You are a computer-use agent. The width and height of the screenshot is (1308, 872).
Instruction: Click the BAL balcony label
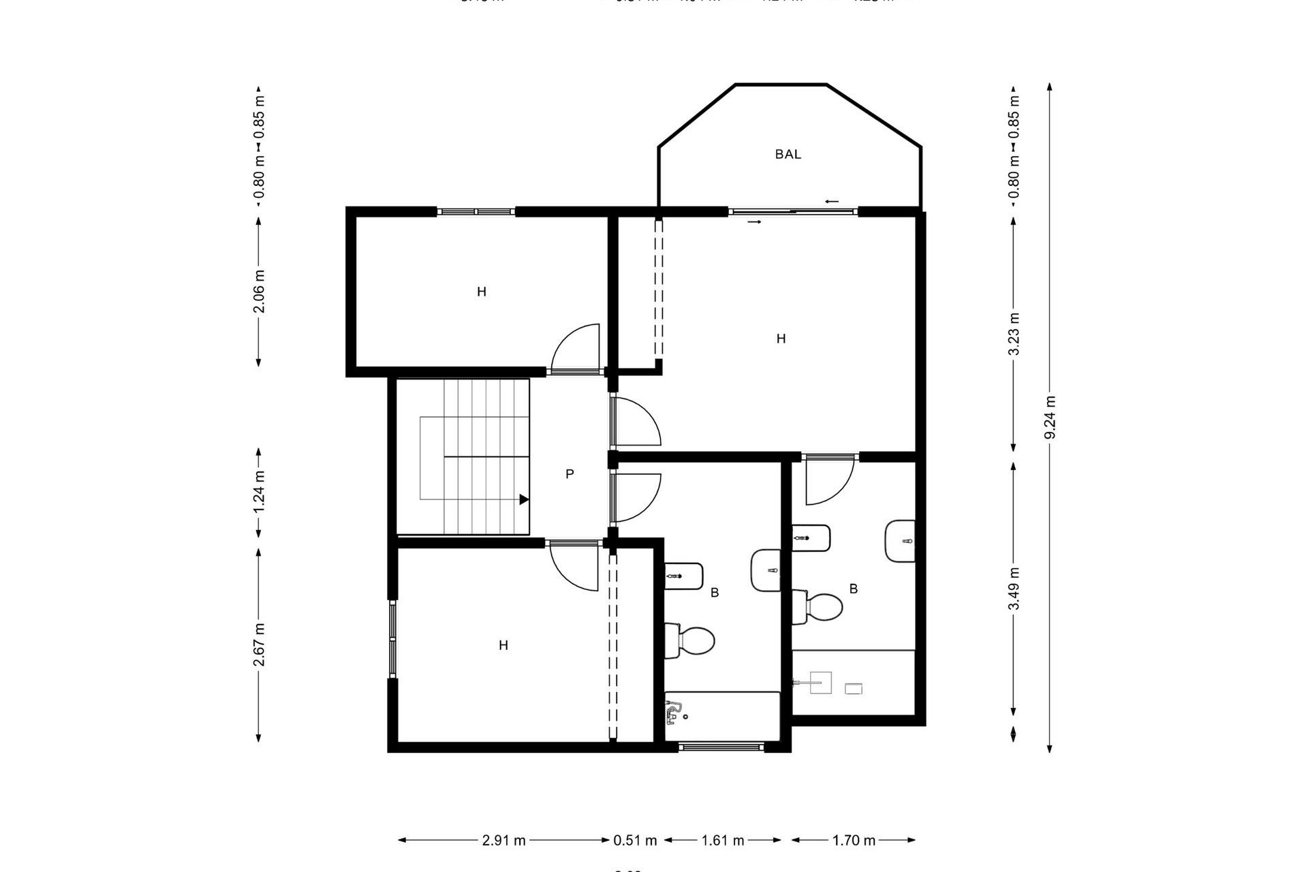click(788, 155)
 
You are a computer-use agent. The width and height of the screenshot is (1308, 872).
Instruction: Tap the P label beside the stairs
click(570, 473)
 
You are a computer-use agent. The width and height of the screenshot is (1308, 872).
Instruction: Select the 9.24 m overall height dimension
click(1050, 417)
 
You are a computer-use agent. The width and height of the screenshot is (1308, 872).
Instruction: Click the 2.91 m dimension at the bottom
click(503, 840)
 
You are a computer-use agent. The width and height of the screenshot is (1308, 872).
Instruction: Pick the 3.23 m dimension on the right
click(1014, 334)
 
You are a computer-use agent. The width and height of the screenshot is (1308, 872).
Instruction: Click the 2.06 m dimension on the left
click(259, 291)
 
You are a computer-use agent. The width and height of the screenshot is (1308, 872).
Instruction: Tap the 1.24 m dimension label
click(259, 493)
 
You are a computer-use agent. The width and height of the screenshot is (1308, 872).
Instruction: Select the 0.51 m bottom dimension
click(635, 840)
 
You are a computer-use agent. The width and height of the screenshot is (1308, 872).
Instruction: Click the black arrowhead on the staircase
click(524, 499)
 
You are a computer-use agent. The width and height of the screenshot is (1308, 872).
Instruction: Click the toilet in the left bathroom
click(691, 640)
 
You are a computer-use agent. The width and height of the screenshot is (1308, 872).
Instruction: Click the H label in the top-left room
click(481, 292)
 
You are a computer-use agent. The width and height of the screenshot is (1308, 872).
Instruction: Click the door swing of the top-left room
click(576, 347)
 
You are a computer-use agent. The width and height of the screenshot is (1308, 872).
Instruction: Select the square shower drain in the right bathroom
click(821, 682)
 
